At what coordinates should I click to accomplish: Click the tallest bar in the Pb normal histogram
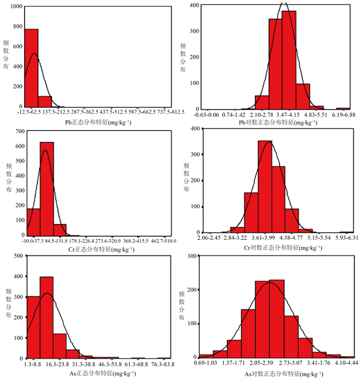click(31, 68)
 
